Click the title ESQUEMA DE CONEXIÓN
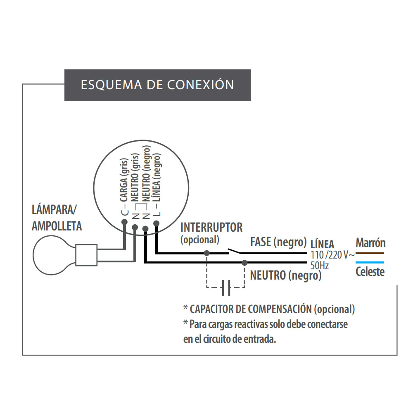click(157, 85)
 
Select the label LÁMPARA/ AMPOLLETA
click(57, 218)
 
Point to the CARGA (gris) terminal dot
click(124, 221)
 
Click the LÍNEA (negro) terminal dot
click(156, 223)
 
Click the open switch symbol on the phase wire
click(234, 252)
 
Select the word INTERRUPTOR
click(211, 227)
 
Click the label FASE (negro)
click(278, 242)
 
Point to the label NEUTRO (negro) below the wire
click(286, 275)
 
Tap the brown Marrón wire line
click(370, 253)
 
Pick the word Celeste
click(370, 272)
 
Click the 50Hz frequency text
click(319, 266)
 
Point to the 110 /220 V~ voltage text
click(332, 255)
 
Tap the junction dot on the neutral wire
click(244, 262)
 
